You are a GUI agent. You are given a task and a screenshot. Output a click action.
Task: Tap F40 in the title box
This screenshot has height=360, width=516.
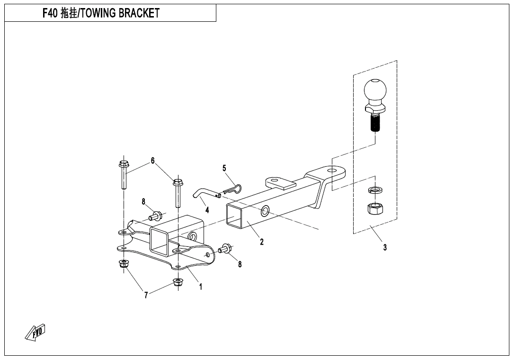pyautogui.click(x=50, y=13)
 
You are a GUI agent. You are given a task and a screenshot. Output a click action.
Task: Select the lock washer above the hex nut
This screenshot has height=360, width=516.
pyautogui.click(x=375, y=190)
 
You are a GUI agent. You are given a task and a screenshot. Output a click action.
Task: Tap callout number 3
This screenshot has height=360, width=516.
pyautogui.click(x=385, y=247)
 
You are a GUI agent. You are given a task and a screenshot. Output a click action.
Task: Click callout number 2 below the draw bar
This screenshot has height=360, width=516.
pyautogui.click(x=261, y=242)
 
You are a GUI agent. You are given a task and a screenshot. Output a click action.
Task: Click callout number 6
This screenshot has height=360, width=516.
pyautogui.click(x=152, y=161)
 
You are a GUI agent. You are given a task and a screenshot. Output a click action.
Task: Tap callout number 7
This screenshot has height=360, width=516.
pyautogui.click(x=146, y=296)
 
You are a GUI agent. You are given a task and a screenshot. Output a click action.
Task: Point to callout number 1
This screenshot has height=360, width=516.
pyautogui.click(x=201, y=287)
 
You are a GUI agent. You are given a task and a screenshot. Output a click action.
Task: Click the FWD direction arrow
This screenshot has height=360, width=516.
pyautogui.click(x=35, y=333)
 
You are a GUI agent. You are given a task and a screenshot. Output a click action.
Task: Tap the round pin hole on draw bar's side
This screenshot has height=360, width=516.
pyautogui.click(x=265, y=210)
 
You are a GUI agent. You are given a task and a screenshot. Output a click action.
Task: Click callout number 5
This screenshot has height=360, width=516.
pyautogui.click(x=224, y=168)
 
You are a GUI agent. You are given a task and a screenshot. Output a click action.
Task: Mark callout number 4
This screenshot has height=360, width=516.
pyautogui.click(x=207, y=210)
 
